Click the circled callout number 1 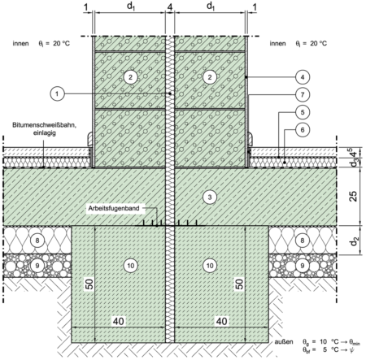click(x=57, y=94)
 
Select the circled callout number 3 click(x=210, y=197)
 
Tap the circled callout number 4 click(x=303, y=77)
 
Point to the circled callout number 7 click(x=303, y=94)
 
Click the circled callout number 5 click(x=303, y=112)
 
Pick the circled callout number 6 click(x=303, y=130)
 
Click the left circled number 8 click(x=37, y=241)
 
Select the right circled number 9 click(x=303, y=266)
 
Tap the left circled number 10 click(x=130, y=266)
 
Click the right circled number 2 click(x=210, y=77)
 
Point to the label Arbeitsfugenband click(x=114, y=208)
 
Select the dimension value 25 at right click(x=353, y=196)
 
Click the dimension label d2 click(x=354, y=241)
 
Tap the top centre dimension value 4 click(x=170, y=7)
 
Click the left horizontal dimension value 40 click(x=119, y=321)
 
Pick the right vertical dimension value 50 click(x=239, y=284)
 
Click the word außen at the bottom click(x=284, y=342)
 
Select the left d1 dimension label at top click(x=131, y=7)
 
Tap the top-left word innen click(x=20, y=44)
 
